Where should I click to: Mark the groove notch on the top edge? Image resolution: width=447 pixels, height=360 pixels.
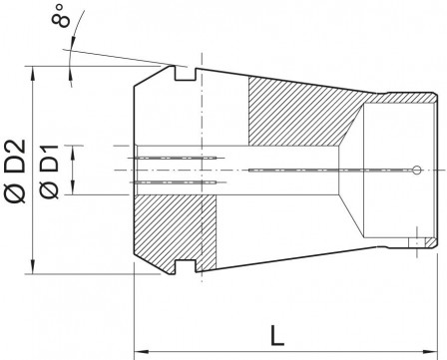pos(182,73)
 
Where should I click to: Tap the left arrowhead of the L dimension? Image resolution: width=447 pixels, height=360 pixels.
pos(141,350)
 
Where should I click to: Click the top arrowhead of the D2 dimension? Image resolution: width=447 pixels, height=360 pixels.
pos(38,72)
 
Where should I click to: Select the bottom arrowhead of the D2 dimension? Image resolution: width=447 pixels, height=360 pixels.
pos(38,267)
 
